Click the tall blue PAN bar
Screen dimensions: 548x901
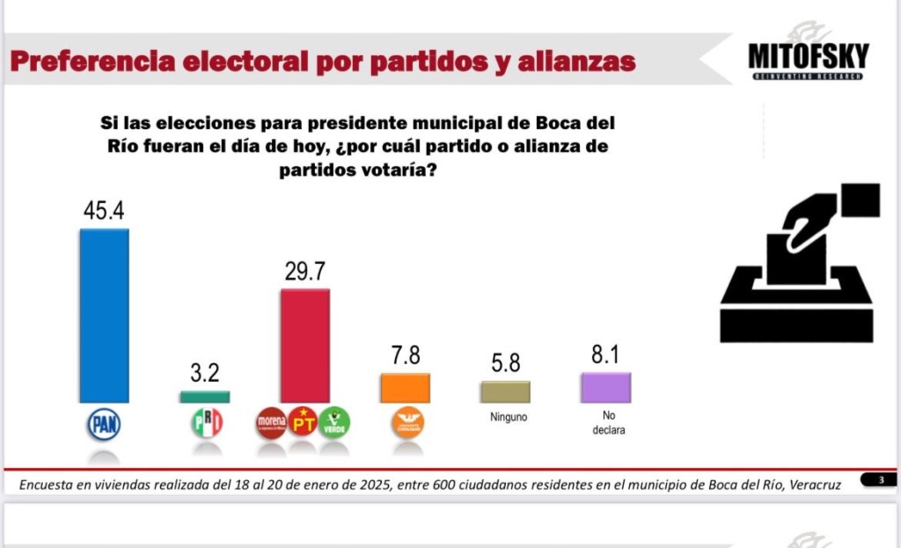point(104,315)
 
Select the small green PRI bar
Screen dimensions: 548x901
point(205,397)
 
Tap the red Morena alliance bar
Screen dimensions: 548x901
point(304,345)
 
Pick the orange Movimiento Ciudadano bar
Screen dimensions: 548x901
point(405,388)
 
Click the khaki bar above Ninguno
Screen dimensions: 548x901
point(505,391)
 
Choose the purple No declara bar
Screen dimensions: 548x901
point(605,387)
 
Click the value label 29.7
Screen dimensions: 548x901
point(304,271)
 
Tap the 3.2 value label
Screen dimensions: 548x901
point(205,372)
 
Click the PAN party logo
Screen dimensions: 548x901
point(104,425)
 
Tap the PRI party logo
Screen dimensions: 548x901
point(207,423)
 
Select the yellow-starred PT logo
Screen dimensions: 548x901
point(303,423)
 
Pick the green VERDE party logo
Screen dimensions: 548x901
point(334,423)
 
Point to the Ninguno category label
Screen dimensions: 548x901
point(509,418)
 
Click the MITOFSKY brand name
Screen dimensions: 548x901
point(808,57)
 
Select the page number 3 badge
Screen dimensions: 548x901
point(881,479)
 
